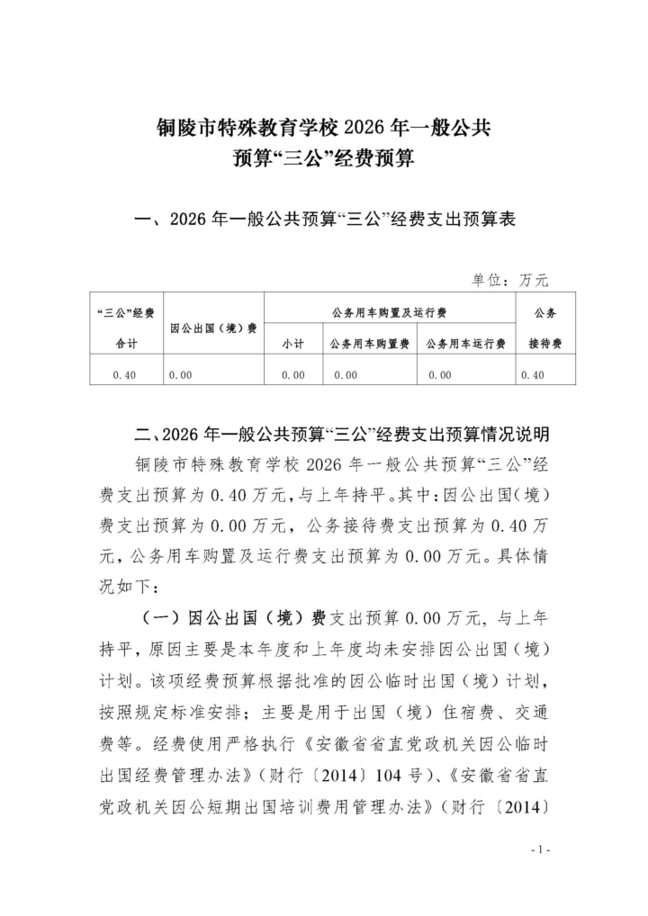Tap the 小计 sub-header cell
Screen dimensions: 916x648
292,344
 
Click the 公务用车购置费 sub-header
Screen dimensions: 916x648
369,344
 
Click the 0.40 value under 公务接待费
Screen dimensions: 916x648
532,375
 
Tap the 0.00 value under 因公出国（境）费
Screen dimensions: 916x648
180,375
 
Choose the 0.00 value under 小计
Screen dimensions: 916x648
292,375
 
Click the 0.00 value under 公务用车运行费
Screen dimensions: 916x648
439,375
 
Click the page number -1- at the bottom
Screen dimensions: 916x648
540,849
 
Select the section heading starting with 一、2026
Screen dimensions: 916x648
323,220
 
